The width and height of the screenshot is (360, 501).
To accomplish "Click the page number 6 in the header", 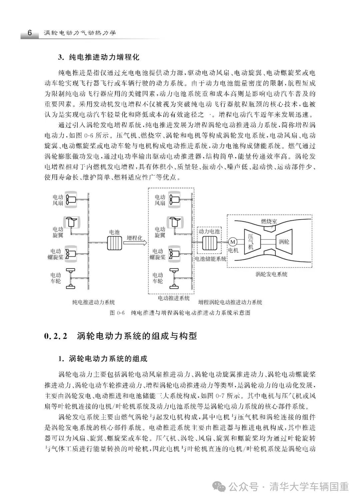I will coord(29,33).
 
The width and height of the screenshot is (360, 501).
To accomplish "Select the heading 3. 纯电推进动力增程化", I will coord(99,57).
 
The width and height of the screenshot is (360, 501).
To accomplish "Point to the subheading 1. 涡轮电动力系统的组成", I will coord(103,359).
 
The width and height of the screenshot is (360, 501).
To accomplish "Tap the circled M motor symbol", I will coord(232,242).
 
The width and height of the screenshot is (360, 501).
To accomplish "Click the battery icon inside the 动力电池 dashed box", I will coord(209,243).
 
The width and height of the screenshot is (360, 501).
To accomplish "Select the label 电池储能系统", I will coord(210,258).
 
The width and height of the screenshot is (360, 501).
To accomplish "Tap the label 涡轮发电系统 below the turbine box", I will coord(271,274).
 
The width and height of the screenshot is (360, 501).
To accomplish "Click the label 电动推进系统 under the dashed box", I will coord(173,297).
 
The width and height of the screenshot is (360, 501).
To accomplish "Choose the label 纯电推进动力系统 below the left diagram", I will coord(94,302).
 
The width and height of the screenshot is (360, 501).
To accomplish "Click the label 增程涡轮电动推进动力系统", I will coord(230,302).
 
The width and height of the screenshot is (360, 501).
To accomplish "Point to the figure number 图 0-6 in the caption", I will coord(117,313).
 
